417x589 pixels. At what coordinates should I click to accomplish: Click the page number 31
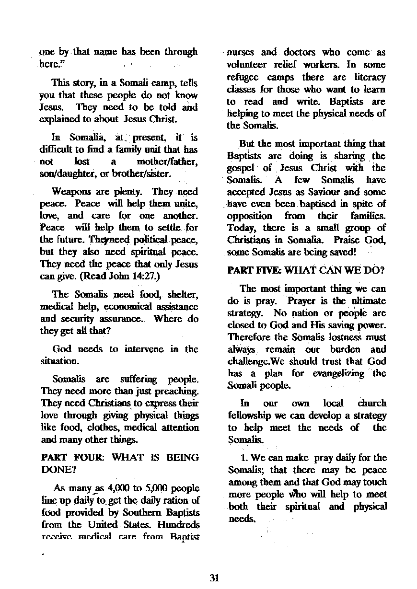[214, 577]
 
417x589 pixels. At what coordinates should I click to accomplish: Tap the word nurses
[242, 52]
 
